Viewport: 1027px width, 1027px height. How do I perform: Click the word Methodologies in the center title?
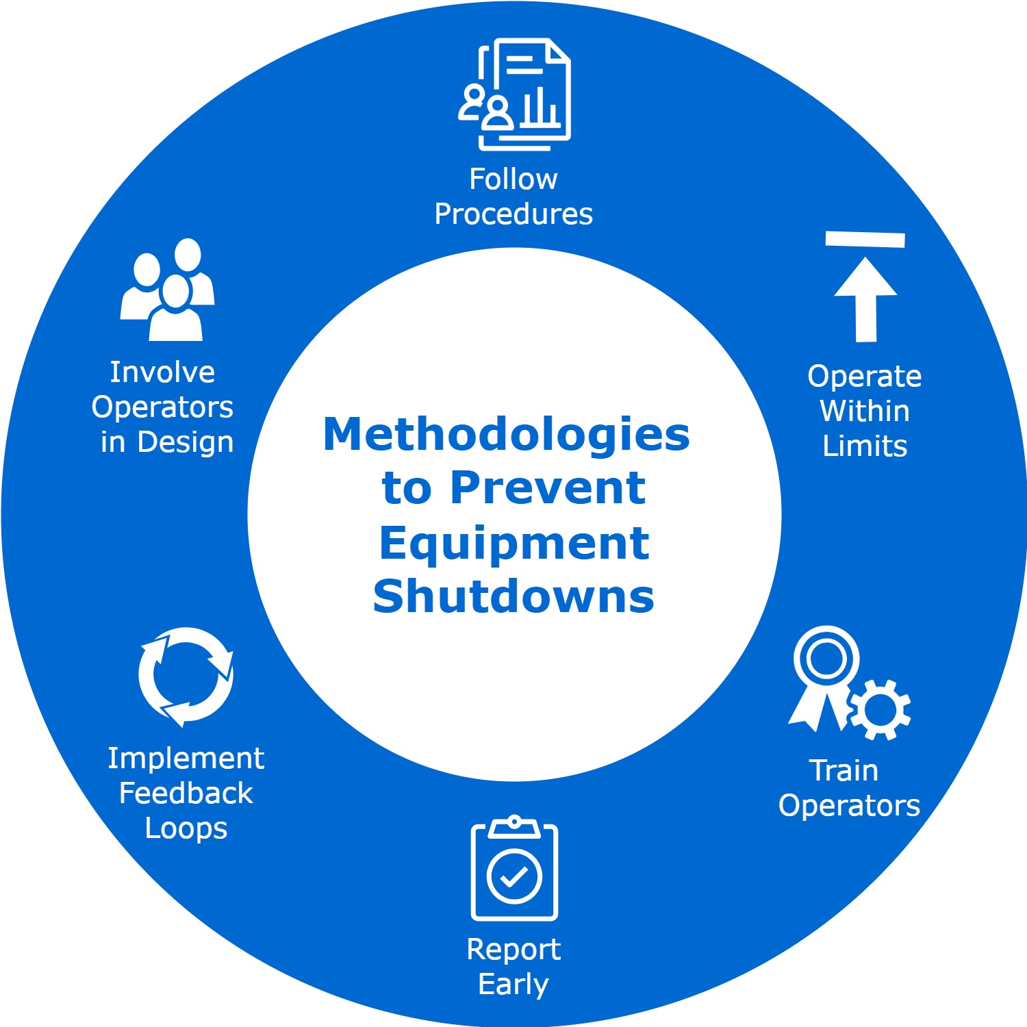click(507, 436)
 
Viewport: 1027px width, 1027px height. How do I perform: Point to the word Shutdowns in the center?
click(513, 596)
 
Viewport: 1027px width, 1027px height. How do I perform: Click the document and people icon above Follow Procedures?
click(515, 94)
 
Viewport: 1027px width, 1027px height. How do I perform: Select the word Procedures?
click(513, 214)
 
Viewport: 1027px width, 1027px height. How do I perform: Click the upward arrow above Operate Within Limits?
click(865, 299)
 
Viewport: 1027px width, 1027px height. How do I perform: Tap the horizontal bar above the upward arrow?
click(865, 239)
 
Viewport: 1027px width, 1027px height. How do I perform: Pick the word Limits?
click(865, 446)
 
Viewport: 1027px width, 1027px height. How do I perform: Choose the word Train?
click(844, 771)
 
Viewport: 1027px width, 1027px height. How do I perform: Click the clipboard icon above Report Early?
click(514, 867)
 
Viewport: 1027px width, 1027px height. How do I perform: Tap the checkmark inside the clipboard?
click(514, 876)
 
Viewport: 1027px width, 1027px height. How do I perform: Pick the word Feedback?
click(186, 794)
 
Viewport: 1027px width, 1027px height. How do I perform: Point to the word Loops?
click(186, 829)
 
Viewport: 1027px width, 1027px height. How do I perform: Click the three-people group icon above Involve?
click(168, 289)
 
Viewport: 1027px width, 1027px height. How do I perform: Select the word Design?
click(186, 443)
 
